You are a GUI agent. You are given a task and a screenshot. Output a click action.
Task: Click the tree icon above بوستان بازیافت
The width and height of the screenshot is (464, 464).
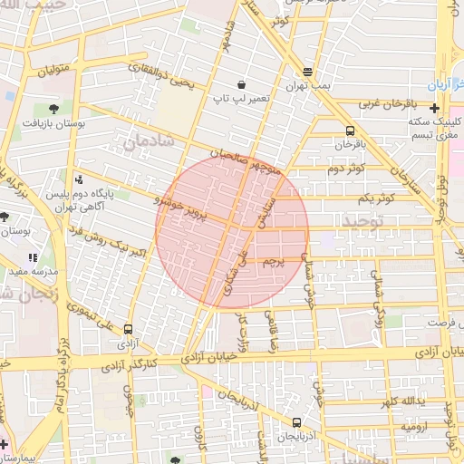(54, 106)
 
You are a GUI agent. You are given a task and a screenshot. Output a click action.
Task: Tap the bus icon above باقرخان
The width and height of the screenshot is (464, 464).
(350, 130)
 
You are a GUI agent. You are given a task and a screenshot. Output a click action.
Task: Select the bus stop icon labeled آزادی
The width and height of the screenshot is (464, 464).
(128, 330)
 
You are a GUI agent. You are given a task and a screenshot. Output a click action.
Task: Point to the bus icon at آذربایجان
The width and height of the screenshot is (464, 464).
(297, 422)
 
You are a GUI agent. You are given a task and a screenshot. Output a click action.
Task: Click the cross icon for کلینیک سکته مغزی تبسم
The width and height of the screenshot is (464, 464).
(434, 108)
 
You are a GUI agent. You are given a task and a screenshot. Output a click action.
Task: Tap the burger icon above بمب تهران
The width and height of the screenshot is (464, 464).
(308, 72)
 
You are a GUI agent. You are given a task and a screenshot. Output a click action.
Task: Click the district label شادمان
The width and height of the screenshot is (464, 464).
(145, 142)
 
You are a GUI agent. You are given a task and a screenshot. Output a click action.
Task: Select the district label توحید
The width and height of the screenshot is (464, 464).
(362, 220)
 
